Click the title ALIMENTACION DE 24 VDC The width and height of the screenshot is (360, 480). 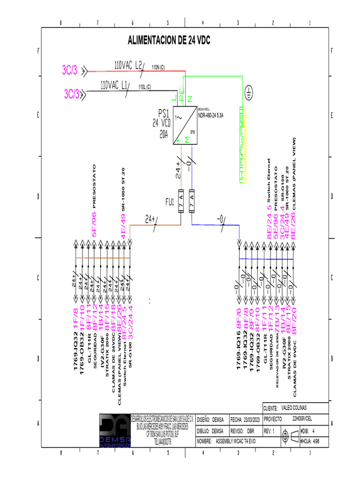coord(169,41)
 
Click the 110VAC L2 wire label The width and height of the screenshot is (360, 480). coord(128,66)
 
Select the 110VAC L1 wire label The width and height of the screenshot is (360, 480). coord(114,85)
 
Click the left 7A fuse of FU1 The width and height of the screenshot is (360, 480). coord(180,202)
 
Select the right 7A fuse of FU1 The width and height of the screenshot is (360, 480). coord(191,202)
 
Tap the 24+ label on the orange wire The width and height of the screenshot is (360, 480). coord(150,219)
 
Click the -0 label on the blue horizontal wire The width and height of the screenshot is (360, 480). coord(220,219)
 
